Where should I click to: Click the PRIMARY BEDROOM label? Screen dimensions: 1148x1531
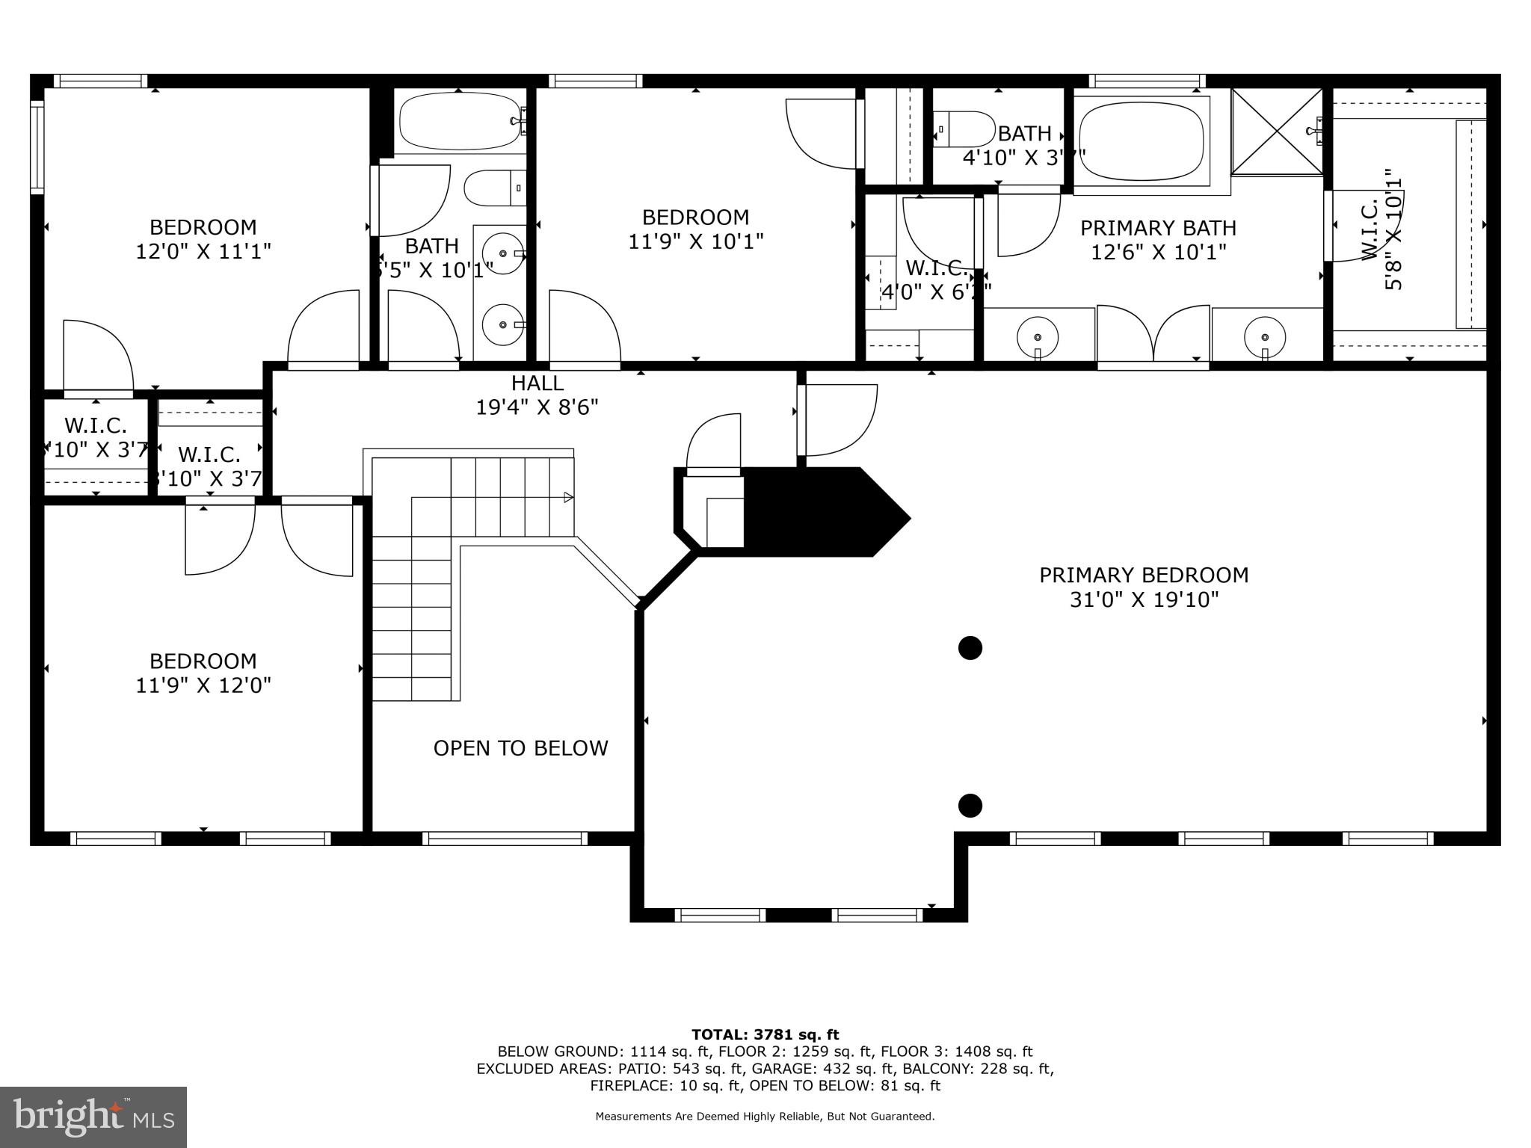pos(1143,575)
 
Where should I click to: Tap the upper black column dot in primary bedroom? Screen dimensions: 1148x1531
pos(970,648)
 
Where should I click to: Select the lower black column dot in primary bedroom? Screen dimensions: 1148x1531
pos(970,806)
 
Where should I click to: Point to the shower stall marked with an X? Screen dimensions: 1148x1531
pos(1277,132)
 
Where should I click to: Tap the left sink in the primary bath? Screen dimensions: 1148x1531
pos(1038,336)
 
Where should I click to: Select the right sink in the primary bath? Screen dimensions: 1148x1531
pos(1265,336)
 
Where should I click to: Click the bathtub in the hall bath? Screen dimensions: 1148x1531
pos(460,121)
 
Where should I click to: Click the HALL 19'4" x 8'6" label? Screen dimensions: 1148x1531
pos(537,395)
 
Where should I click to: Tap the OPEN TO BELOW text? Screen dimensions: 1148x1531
pos(520,748)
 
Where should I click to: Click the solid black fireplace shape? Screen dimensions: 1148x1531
pos(815,512)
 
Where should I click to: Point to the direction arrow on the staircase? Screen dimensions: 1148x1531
pos(568,497)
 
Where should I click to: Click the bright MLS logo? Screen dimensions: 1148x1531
pos(93,1117)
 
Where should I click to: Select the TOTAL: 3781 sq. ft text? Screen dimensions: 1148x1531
pos(765,1034)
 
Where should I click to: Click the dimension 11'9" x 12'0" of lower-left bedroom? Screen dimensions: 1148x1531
pos(203,685)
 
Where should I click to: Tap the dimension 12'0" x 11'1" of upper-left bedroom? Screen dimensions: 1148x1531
pos(203,251)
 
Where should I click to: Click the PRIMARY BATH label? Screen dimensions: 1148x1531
pos(1158,228)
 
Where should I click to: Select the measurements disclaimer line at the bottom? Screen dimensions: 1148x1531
pos(765,1117)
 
